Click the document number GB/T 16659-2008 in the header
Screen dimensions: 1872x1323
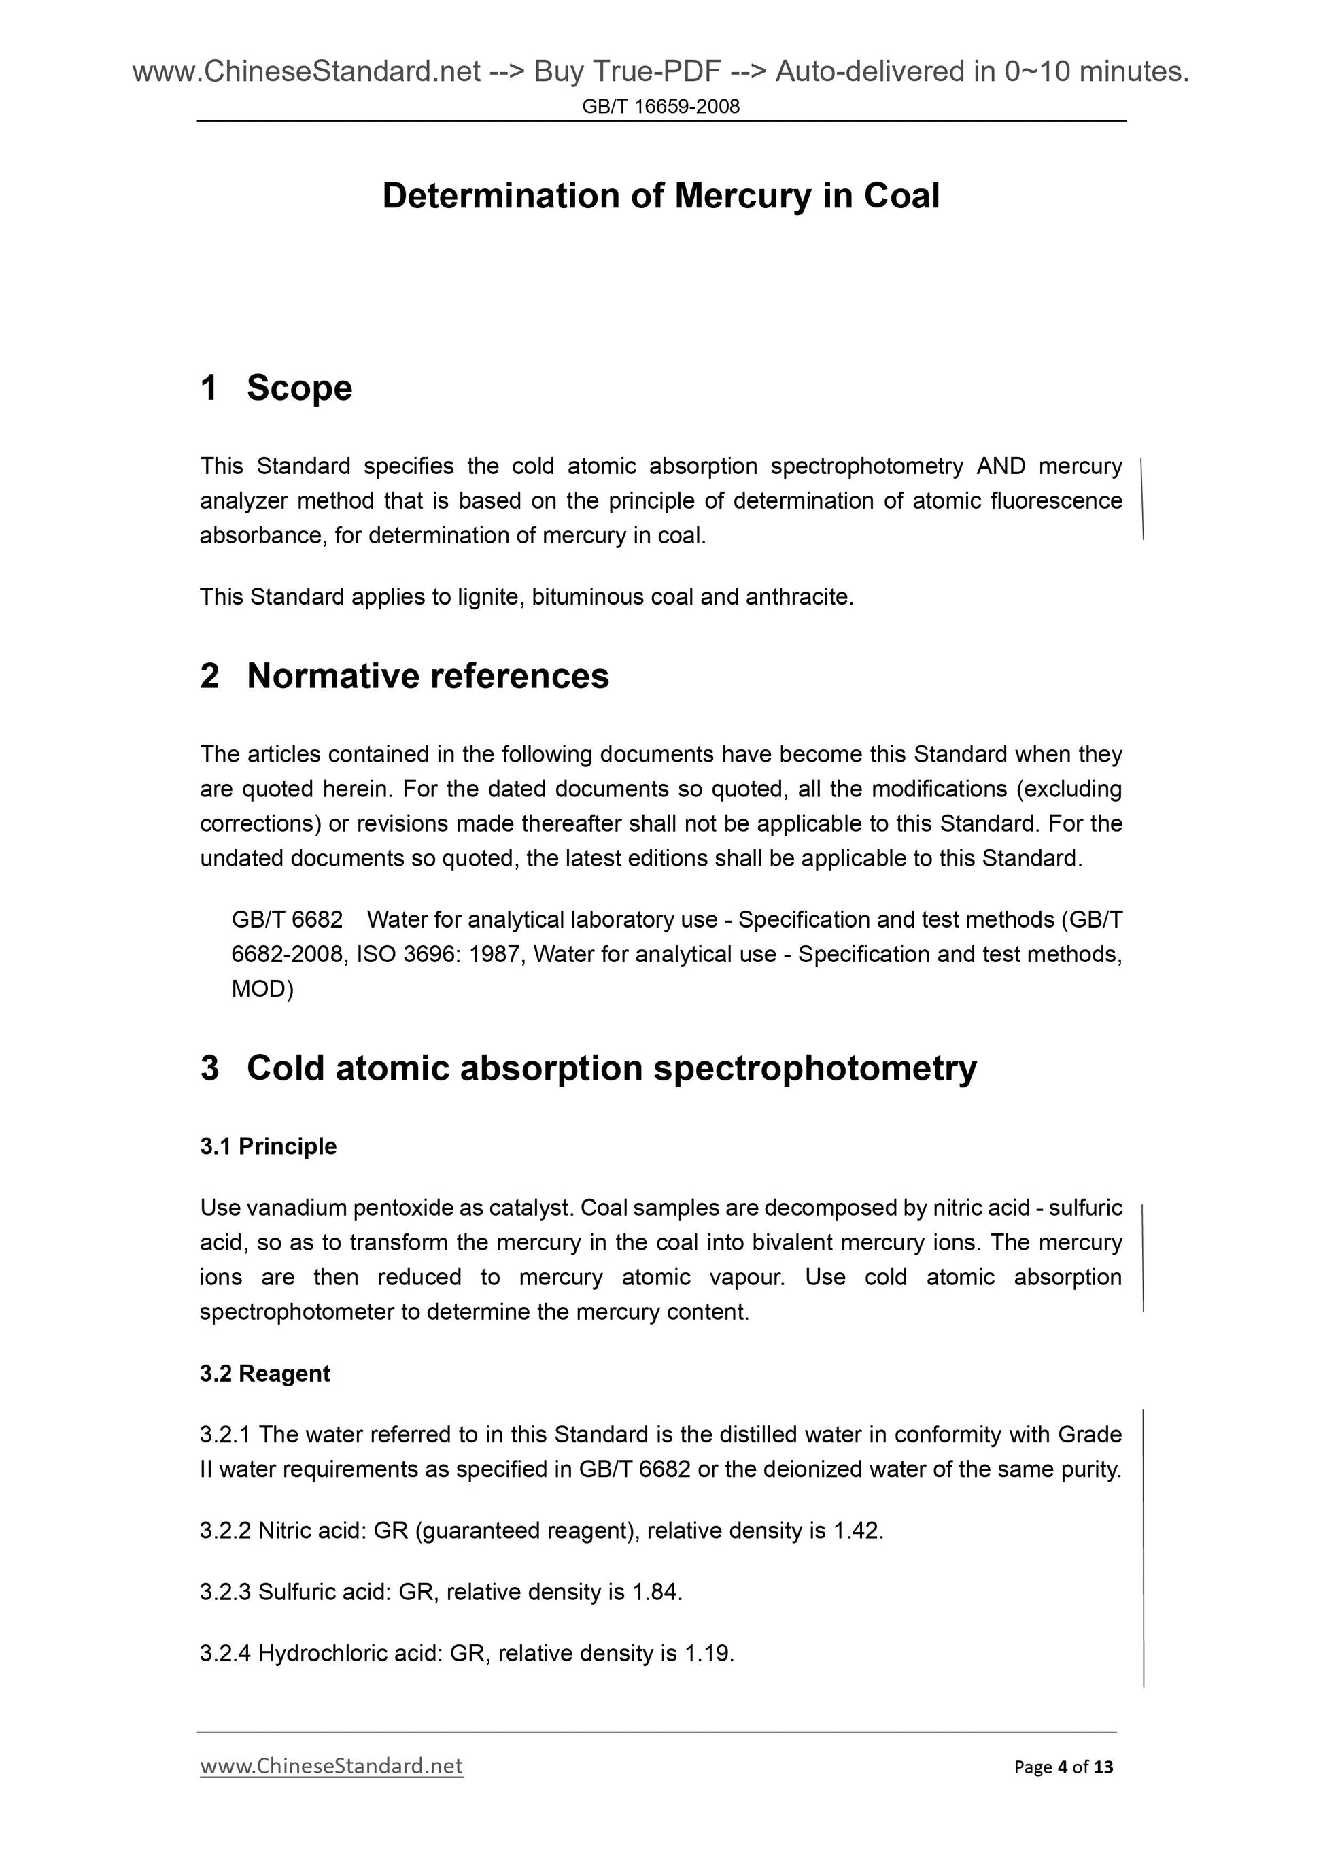coord(660,106)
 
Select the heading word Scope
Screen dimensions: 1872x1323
coord(299,388)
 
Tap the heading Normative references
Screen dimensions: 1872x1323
coord(427,676)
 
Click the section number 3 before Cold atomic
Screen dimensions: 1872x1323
coord(209,1068)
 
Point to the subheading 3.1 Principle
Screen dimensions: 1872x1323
coord(268,1146)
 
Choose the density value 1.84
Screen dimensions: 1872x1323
coord(656,1592)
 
